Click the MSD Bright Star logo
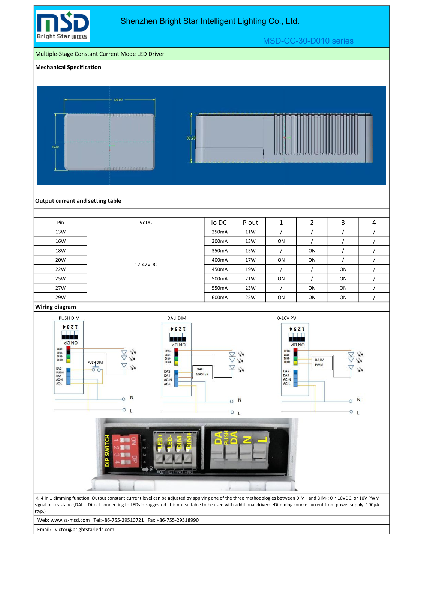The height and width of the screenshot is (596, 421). (63, 26)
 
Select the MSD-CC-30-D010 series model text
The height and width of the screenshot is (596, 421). (308, 41)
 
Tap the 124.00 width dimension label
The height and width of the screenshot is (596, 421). (118, 100)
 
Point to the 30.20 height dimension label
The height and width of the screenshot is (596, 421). (191, 138)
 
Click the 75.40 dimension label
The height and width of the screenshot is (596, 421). (55, 147)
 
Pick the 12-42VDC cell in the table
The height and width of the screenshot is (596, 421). (145, 265)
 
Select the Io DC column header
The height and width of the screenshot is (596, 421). (219, 223)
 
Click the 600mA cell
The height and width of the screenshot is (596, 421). (219, 298)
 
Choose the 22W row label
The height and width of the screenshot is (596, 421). (60, 269)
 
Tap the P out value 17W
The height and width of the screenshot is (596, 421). (250, 260)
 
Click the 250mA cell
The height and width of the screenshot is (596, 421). (219, 232)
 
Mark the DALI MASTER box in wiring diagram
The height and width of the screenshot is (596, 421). (202, 372)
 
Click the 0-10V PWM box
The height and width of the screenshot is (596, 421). (322, 363)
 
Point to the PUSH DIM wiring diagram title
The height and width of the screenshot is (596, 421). (69, 318)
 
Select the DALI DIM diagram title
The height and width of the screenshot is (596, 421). (177, 318)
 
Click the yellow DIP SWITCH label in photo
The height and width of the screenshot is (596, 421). (107, 451)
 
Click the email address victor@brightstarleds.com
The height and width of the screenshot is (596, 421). (84, 530)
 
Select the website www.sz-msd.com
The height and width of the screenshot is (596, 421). (70, 520)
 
